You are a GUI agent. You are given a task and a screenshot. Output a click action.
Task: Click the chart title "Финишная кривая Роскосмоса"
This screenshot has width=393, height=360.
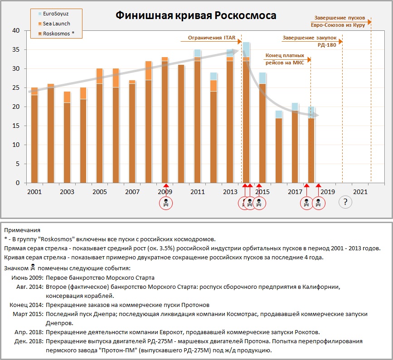pyautogui.click(x=196, y=15)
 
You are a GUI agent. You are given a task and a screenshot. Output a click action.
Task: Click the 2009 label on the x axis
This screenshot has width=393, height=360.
pyautogui.click(x=165, y=192)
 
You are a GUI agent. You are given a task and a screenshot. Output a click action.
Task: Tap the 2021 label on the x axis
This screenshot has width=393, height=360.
pyautogui.click(x=360, y=192)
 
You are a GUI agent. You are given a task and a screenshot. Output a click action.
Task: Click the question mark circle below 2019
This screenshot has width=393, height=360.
pyautogui.click(x=345, y=202)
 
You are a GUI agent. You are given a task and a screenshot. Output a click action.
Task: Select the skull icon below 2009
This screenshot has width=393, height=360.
pyautogui.click(x=166, y=203)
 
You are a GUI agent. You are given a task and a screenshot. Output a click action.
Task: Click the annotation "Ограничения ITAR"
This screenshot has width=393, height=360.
pyautogui.click(x=211, y=38)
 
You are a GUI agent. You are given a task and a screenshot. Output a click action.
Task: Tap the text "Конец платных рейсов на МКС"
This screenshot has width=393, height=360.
pyautogui.click(x=285, y=58)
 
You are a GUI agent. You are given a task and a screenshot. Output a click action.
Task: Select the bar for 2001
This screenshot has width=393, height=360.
pyautogui.click(x=34, y=136)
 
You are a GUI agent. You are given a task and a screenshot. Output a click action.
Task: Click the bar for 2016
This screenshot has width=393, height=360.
pyautogui.click(x=279, y=150)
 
